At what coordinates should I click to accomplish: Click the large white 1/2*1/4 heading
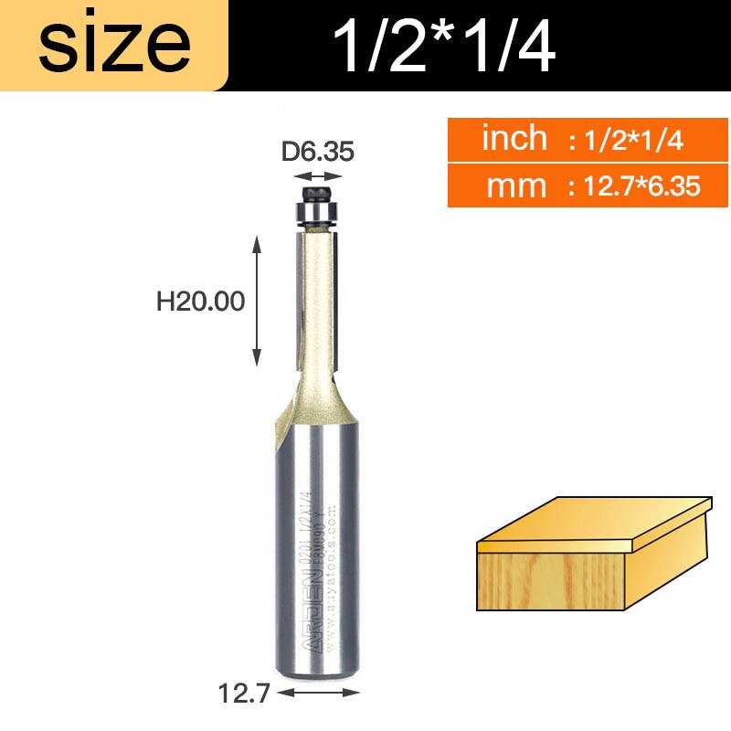click(x=445, y=46)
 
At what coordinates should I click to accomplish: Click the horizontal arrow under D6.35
click(x=317, y=177)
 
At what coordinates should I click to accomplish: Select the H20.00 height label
click(x=201, y=302)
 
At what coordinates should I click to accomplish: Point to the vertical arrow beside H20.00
click(x=258, y=300)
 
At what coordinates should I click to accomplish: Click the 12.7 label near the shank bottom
click(x=244, y=694)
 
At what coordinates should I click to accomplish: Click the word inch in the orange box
click(x=514, y=139)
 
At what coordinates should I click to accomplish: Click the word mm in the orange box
click(x=516, y=186)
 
